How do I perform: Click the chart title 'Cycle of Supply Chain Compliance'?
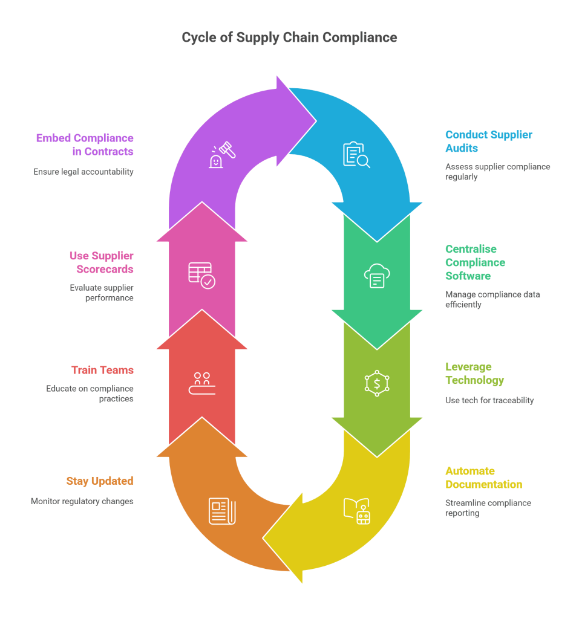[289, 37]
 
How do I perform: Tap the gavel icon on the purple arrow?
[222, 154]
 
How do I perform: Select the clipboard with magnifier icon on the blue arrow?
[356, 155]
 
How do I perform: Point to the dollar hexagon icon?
[376, 383]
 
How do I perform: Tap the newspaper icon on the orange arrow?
[222, 511]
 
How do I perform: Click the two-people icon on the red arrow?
[201, 383]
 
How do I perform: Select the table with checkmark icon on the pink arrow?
[201, 275]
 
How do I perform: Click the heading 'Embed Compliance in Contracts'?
[85, 144]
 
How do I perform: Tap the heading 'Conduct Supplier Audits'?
[489, 141]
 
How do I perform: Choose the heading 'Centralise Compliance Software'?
[475, 262]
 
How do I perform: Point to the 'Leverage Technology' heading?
[474, 374]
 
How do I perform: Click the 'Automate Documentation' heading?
[483, 478]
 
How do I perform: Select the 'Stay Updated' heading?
[100, 481]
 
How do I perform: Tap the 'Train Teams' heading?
[102, 370]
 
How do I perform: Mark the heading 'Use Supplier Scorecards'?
[101, 262]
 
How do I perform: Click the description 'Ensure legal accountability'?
[83, 172]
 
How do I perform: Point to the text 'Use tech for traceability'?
[489, 400]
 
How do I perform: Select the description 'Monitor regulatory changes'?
[82, 501]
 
